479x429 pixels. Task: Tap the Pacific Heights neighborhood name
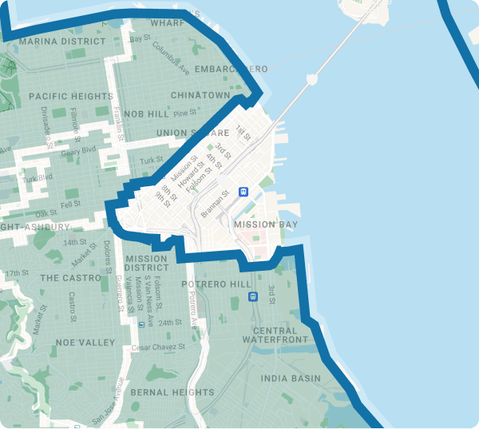[x=71, y=96]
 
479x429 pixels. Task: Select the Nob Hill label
[x=147, y=114]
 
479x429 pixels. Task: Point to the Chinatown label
[x=200, y=95]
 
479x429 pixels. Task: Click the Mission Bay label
[x=266, y=225]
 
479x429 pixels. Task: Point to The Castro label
[x=70, y=278]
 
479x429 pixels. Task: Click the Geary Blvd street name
[x=78, y=150]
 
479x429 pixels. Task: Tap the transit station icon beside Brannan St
[x=243, y=192]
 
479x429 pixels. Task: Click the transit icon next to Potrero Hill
[x=254, y=296]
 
